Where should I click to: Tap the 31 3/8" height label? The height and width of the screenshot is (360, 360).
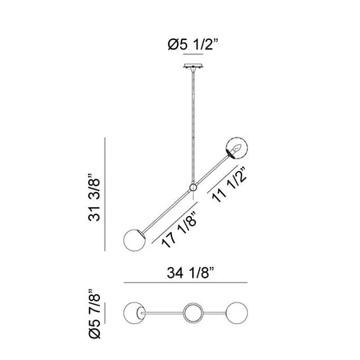[94, 198]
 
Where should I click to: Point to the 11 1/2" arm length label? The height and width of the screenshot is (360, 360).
[230, 185]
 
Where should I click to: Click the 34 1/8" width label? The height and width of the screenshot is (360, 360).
[190, 273]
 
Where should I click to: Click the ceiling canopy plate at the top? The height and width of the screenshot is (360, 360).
[193, 66]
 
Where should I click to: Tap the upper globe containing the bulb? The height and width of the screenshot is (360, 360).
[237, 149]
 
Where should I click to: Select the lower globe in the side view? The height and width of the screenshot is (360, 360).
[134, 240]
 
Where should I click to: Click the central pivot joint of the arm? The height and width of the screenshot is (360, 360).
[193, 187]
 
